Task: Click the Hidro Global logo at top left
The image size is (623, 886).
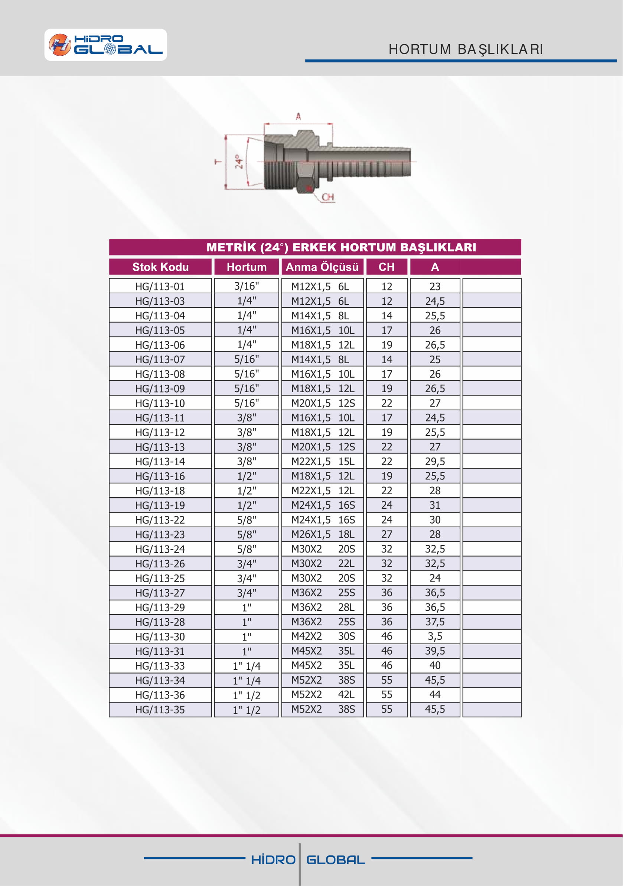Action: click(105, 45)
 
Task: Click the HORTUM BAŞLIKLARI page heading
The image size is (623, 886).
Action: click(466, 49)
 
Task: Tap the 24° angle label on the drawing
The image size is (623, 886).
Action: click(239, 162)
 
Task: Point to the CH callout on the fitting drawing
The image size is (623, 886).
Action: click(327, 197)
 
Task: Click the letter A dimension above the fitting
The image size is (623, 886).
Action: click(298, 117)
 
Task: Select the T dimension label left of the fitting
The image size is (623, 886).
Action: click(218, 162)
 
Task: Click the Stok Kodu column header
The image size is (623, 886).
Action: click(160, 267)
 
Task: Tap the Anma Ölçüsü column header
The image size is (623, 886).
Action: click(322, 267)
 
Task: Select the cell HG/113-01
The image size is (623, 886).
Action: click(160, 286)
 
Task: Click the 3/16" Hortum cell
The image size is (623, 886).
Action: click(247, 286)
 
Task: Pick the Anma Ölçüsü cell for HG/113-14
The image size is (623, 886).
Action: click(322, 461)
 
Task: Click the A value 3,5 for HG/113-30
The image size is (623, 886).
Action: click(435, 636)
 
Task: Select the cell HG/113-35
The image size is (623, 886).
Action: click(160, 710)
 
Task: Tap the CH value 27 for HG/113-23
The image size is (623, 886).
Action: click(386, 534)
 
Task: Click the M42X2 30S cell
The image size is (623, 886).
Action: click(322, 636)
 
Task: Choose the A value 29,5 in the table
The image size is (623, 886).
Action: click(435, 461)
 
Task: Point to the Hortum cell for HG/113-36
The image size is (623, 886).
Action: click(247, 695)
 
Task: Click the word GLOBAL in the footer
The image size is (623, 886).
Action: click(336, 860)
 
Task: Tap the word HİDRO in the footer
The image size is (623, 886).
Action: click(273, 860)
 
